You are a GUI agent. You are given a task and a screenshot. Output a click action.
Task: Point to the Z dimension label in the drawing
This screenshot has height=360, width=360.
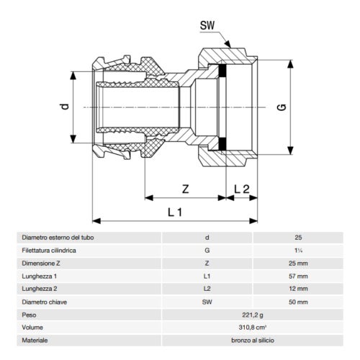coord(186,190)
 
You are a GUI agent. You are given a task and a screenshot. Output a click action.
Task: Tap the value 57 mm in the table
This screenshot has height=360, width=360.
coord(298,276)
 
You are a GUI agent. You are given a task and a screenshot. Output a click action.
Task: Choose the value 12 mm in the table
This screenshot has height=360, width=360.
coord(298,289)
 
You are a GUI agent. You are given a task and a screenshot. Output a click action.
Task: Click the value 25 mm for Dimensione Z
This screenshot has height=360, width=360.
coord(298,264)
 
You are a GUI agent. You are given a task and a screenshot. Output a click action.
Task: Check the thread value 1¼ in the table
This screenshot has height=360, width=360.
coord(298,250)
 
